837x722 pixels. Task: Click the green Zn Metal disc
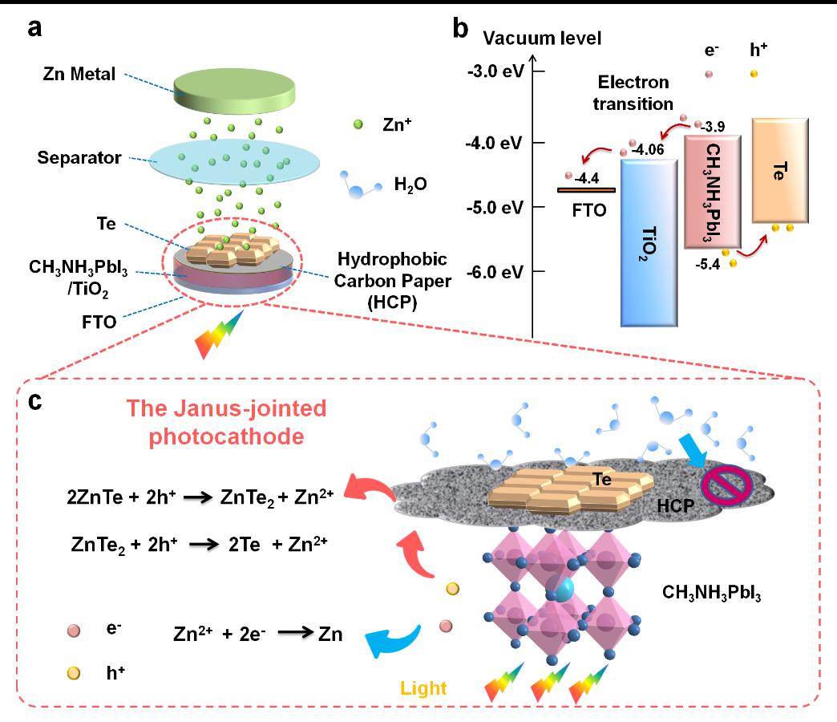click(234, 90)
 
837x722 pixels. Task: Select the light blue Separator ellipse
click(234, 162)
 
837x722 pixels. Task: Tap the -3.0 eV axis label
click(496, 71)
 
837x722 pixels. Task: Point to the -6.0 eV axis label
click(495, 272)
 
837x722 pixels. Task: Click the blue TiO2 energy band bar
click(649, 243)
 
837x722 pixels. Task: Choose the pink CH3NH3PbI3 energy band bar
click(713, 192)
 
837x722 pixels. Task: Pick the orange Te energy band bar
click(780, 170)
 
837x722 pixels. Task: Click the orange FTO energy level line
click(586, 190)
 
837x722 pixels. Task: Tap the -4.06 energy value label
click(648, 149)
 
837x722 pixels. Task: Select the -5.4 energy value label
click(708, 264)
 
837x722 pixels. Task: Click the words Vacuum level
click(542, 39)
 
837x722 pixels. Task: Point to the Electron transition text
click(633, 93)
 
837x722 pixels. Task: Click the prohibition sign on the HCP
click(726, 485)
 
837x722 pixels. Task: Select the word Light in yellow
click(423, 688)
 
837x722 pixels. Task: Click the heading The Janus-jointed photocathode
click(226, 423)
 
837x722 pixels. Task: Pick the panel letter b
click(461, 28)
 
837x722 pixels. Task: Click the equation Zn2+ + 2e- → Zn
click(258, 633)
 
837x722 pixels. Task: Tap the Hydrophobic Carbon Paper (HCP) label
click(392, 280)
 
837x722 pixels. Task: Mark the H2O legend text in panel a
click(410, 185)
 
